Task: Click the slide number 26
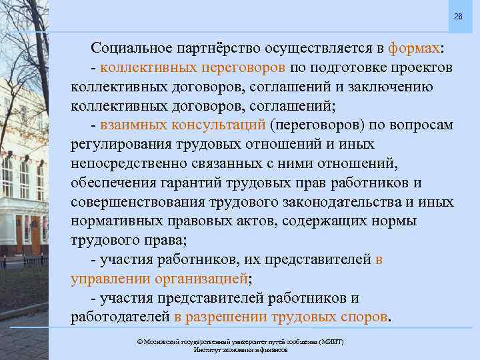click(x=457, y=15)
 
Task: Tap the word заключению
click(x=393, y=87)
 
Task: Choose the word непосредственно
click(x=125, y=164)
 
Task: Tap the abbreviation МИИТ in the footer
click(x=331, y=341)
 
